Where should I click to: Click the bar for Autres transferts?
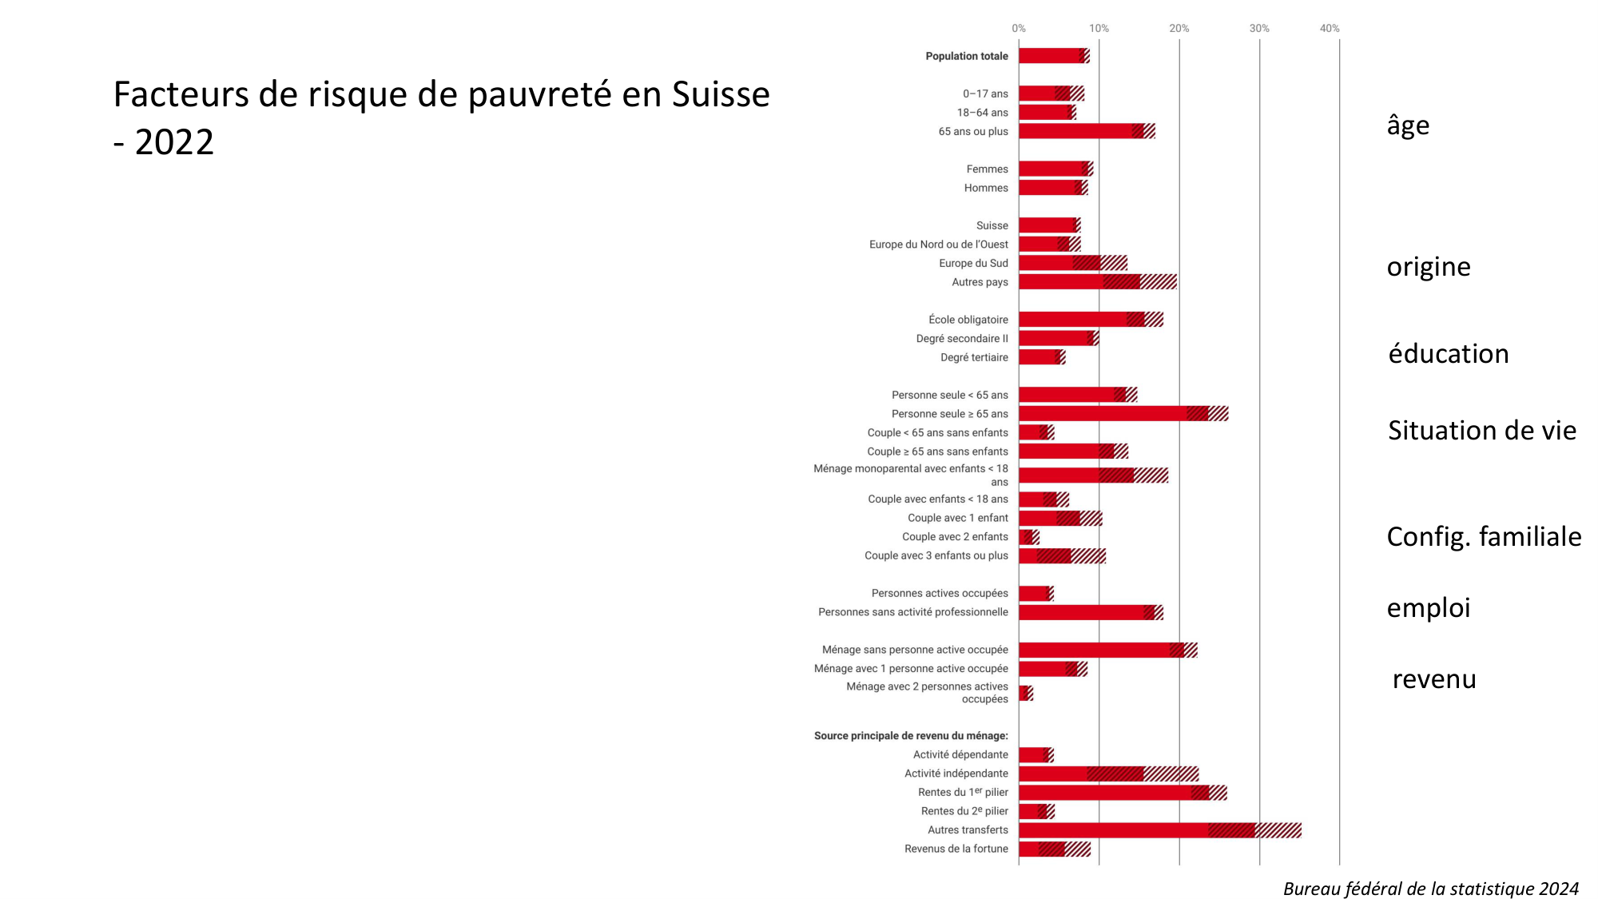click(x=1159, y=830)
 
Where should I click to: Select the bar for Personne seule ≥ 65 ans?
click(x=1123, y=414)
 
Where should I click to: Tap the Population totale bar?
click(x=1054, y=56)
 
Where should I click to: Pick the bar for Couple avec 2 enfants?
click(x=1029, y=537)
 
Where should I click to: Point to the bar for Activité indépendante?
click(x=1108, y=774)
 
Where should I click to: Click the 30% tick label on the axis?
click(x=1259, y=28)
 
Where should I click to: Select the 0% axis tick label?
click(x=1019, y=28)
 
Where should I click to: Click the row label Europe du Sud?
click(x=973, y=263)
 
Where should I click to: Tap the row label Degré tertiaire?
click(x=974, y=357)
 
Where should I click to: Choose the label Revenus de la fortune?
click(x=956, y=849)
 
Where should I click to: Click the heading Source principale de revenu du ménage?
click(x=911, y=736)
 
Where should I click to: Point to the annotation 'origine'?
click(x=1429, y=267)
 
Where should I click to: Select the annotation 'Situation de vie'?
click(x=1482, y=431)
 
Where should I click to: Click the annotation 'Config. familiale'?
click(x=1484, y=536)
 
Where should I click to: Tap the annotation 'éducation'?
click(x=1449, y=354)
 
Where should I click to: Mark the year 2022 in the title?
click(x=174, y=142)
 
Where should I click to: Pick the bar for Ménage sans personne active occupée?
click(x=1107, y=650)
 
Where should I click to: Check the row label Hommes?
click(x=986, y=188)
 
